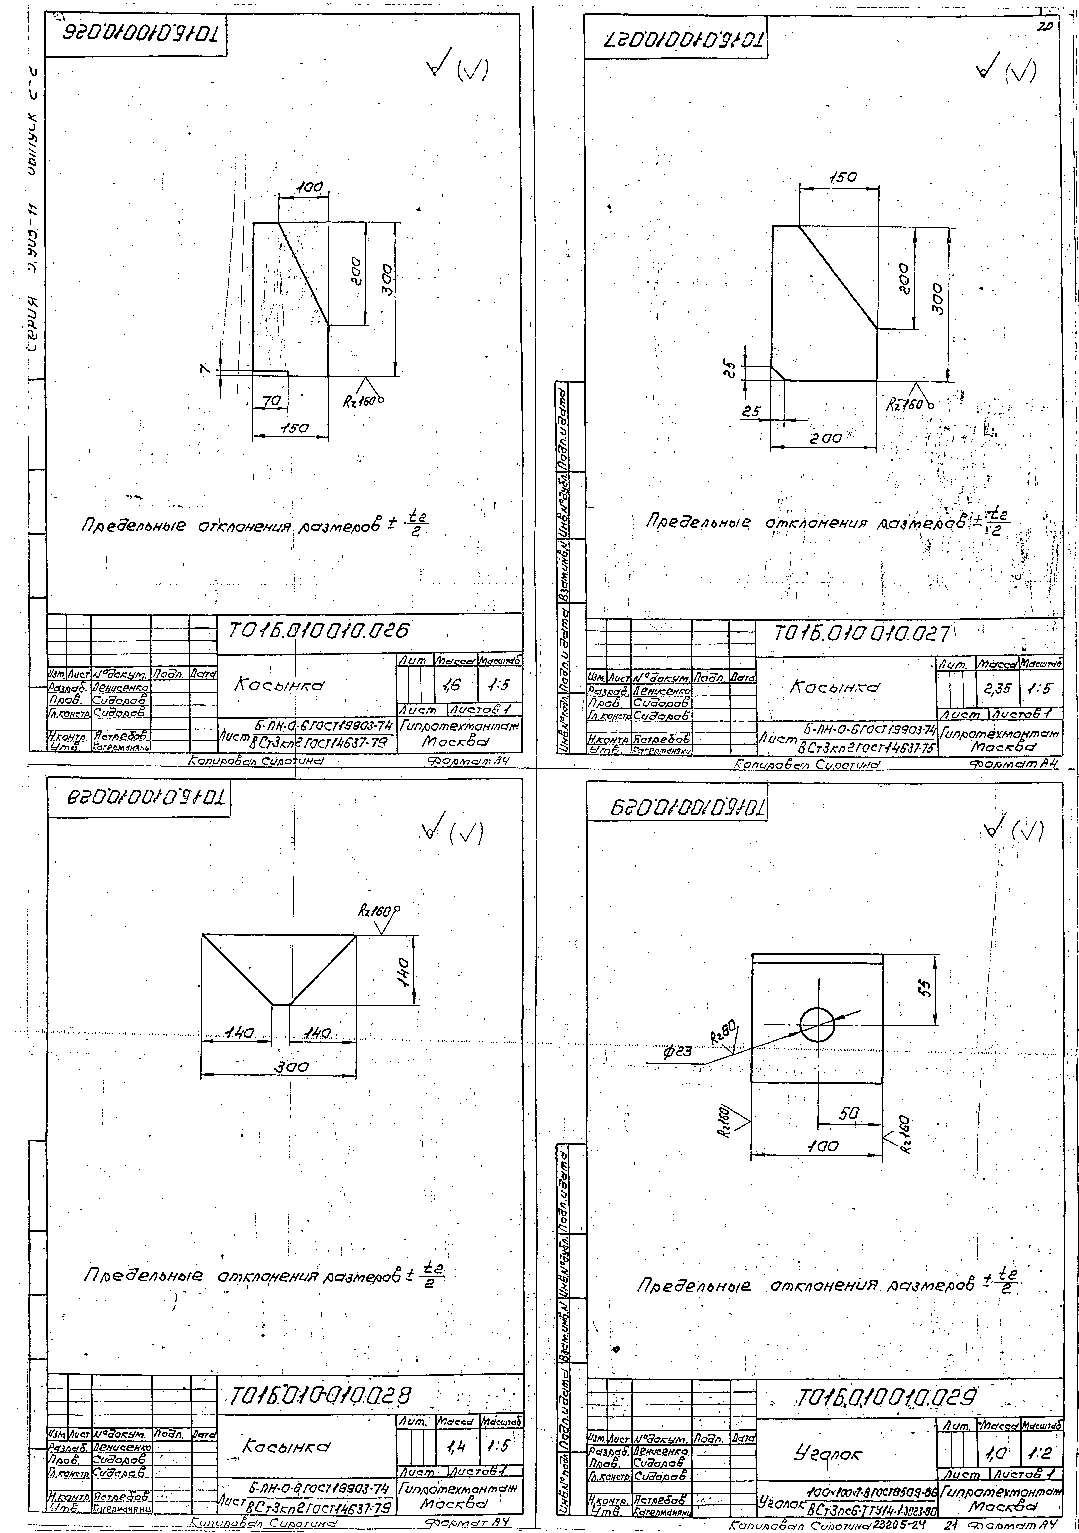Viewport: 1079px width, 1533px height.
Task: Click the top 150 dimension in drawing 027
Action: click(x=843, y=178)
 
